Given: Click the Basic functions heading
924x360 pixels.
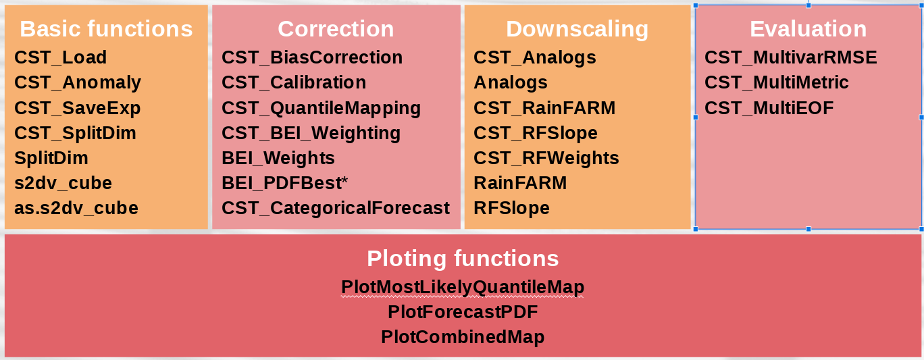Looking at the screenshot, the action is coord(107,29).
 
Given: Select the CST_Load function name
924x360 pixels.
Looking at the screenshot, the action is coord(61,57).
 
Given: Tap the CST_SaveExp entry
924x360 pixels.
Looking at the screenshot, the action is coord(78,108).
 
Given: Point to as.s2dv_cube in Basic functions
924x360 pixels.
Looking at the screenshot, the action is coord(76,208).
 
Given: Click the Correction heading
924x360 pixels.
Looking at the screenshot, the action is coord(336,29).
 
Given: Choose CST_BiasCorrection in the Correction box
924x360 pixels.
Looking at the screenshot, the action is coord(312,57).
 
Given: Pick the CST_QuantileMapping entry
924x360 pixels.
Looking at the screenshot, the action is coord(322,109).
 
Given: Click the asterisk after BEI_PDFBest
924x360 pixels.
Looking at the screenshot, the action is coord(344,180).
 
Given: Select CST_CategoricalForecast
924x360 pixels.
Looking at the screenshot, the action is coord(336,209).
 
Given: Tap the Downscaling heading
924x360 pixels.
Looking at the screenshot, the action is coord(577,29).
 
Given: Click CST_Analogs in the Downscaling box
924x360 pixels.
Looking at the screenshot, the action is coord(535,57).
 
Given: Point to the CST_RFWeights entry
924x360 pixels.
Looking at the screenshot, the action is coord(546,158).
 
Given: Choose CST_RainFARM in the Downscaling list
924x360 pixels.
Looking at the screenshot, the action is coord(544,108).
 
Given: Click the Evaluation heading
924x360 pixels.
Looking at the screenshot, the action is coord(808,29).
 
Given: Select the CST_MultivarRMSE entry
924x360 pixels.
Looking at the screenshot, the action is coord(791,57).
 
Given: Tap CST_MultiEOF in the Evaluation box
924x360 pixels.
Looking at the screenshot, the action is coord(769,108).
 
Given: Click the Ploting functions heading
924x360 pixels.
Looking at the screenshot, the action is coord(463,259).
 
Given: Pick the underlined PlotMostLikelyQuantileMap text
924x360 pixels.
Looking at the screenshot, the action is coord(463,288).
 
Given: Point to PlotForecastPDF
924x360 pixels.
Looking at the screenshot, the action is coord(463,312).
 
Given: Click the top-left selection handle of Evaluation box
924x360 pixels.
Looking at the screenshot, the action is coord(696,6).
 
